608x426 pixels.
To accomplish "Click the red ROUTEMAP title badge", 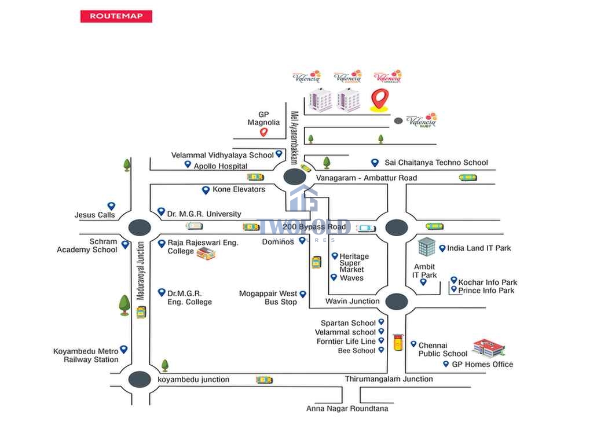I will coord(116,16).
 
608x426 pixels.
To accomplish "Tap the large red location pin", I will coord(379,99).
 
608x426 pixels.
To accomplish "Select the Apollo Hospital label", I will coord(221,166).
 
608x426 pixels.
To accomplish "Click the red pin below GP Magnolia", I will coord(263,132).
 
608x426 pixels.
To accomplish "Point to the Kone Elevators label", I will coord(239,189).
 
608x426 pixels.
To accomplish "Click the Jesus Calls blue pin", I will coord(111,206).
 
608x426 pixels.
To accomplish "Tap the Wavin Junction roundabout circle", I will coord(397,301).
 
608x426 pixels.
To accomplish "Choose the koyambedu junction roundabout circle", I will coord(140,379).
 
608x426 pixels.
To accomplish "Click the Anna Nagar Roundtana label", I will coord(347,409).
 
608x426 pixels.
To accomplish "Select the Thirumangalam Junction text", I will coord(389,379).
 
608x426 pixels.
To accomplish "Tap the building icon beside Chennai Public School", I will coord(489,348).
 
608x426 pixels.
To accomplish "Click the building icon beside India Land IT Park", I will coord(427,247).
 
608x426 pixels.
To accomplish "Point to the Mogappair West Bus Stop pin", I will coord(303,295).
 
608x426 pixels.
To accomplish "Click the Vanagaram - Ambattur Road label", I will coord(367,178).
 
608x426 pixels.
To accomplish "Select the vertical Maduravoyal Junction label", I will coord(140,270).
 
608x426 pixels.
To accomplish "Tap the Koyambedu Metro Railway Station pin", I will coord(123,350).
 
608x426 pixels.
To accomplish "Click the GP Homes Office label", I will coord(482,364).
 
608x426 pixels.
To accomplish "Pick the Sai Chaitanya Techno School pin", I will coord(375,163).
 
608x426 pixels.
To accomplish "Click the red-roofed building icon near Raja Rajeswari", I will coord(206,253).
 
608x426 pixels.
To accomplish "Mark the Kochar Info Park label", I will coord(488,282).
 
